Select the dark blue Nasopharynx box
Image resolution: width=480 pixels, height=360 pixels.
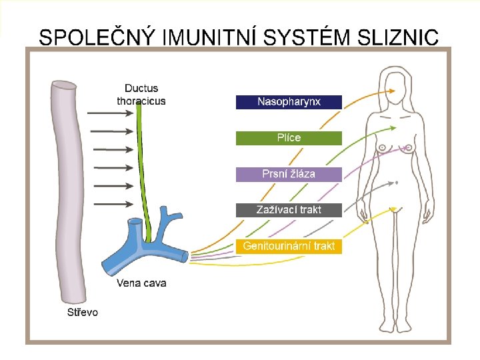[x=289, y=102]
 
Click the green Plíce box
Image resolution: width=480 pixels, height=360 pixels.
[x=289, y=138]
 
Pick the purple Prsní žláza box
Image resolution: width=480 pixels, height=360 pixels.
[x=289, y=174]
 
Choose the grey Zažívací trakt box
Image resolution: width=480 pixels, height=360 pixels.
[x=289, y=210]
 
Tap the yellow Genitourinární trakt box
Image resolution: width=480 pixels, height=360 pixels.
[x=289, y=246]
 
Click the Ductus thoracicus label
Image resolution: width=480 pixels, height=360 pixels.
[x=141, y=95]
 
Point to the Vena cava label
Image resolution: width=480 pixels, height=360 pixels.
[x=141, y=283]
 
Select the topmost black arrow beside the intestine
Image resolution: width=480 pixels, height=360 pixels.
[x=110, y=113]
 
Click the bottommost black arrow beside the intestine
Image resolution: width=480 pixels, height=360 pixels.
[x=110, y=204]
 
